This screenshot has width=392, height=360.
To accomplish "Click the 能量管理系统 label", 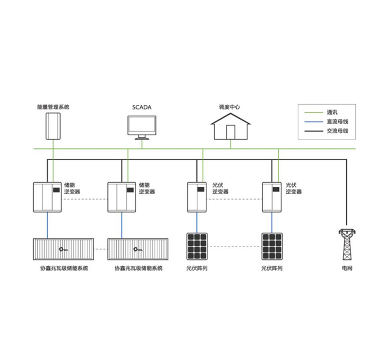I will pos(53,107).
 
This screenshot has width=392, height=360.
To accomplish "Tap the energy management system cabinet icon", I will pos(53,125).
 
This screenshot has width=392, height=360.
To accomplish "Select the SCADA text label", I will pos(142,107).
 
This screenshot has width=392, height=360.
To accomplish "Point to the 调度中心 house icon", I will pos(230,126).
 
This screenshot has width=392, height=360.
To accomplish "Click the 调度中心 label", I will pos(230,107).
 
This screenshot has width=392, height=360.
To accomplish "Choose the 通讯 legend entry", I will pos(331,112).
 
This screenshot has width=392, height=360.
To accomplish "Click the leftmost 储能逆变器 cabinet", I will pos(48,197).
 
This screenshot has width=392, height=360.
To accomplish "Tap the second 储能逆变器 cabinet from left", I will pos(123,197).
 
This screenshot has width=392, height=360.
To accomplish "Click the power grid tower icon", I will pos(346,245).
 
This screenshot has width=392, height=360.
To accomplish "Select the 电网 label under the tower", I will pos(346,268).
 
